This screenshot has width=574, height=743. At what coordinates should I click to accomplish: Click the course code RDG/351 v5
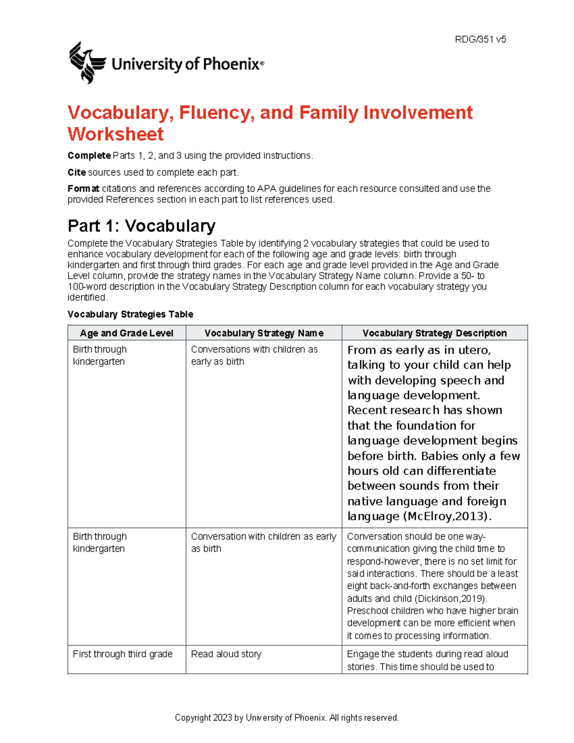(480, 40)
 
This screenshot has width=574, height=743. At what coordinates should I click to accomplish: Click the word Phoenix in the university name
(231, 64)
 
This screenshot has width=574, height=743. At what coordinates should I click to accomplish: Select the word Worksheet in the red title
(116, 134)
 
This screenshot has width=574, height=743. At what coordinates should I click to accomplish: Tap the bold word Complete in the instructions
(89, 155)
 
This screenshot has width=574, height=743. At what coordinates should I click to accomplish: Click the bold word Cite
(77, 172)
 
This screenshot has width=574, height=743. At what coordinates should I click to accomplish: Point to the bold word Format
(83, 189)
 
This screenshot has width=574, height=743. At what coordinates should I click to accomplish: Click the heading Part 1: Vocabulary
(142, 225)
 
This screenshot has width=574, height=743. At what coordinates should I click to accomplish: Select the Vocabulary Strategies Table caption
(130, 314)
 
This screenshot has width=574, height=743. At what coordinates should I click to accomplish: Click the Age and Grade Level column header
(127, 333)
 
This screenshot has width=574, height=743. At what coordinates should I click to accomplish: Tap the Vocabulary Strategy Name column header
(264, 333)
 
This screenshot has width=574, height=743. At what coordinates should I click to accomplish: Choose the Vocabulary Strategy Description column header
(434, 333)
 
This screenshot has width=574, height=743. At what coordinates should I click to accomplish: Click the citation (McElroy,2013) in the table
(448, 516)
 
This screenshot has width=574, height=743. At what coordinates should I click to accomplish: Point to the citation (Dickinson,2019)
(451, 599)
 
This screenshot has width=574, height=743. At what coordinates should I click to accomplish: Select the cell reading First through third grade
(122, 654)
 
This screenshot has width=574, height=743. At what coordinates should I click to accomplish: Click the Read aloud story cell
(226, 654)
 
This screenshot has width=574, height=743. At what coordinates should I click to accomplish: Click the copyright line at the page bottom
(287, 718)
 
